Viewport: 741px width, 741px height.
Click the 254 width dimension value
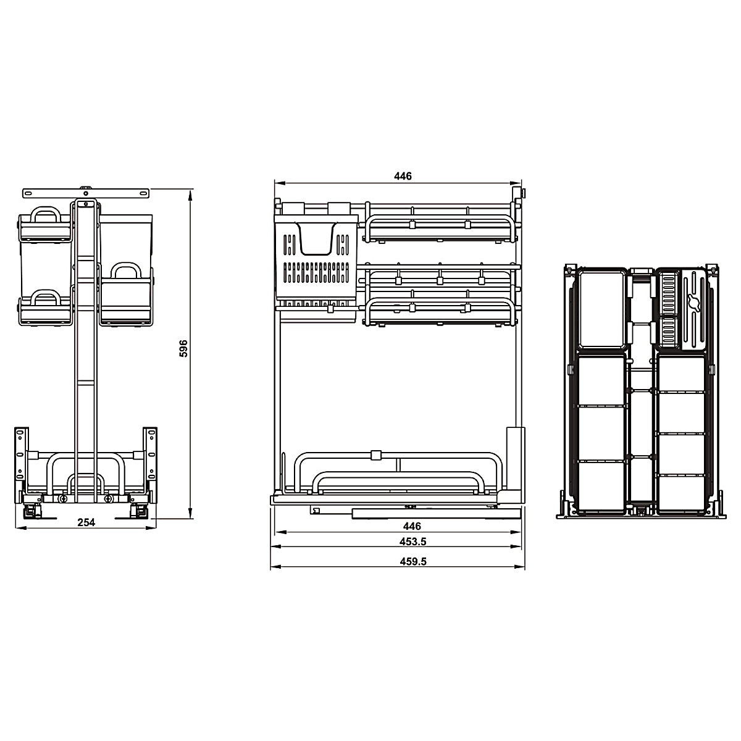pyautogui.click(x=86, y=522)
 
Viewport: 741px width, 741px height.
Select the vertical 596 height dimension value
pyautogui.click(x=183, y=348)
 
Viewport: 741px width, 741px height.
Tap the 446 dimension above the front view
pyautogui.click(x=403, y=176)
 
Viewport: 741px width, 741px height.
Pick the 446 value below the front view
pyautogui.click(x=412, y=526)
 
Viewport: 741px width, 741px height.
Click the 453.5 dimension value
pyautogui.click(x=412, y=542)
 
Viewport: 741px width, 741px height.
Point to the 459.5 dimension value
pyautogui.click(x=413, y=561)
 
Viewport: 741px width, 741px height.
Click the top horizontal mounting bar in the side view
pyautogui.click(x=86, y=193)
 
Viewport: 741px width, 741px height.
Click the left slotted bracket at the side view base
pyautogui.click(x=21, y=454)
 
